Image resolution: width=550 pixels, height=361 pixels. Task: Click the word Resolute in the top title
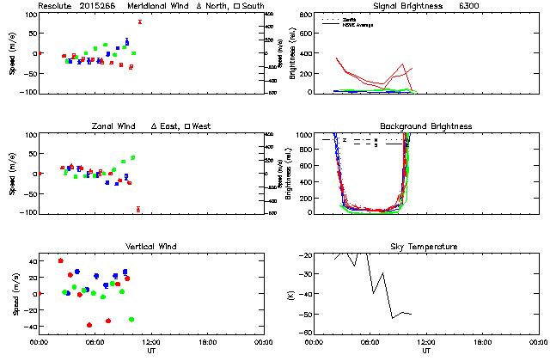point(56,6)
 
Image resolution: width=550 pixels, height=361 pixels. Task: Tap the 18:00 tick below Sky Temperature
point(482,342)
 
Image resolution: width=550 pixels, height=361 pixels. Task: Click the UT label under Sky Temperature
point(426,351)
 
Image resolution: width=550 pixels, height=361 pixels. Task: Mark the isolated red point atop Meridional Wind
point(139,21)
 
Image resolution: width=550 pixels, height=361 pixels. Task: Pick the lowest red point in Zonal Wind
point(137,209)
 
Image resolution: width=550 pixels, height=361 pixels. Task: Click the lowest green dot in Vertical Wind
point(131,320)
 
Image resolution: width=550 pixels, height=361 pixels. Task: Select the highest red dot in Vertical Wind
point(60,260)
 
